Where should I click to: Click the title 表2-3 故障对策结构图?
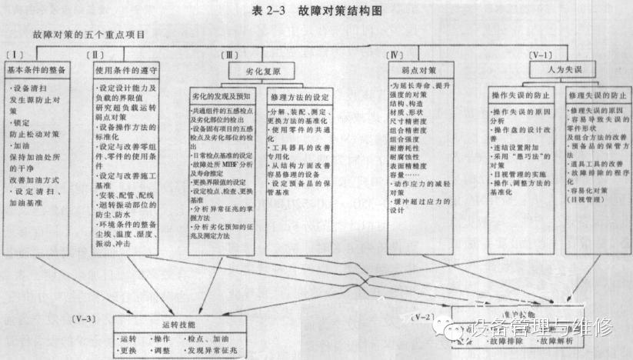pyautogui.click(x=316, y=10)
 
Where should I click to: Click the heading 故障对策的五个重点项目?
pyautogui.click(x=89, y=35)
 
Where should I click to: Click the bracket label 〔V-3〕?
pyautogui.click(x=82, y=318)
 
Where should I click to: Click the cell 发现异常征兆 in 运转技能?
pyautogui.click(x=217, y=350)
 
